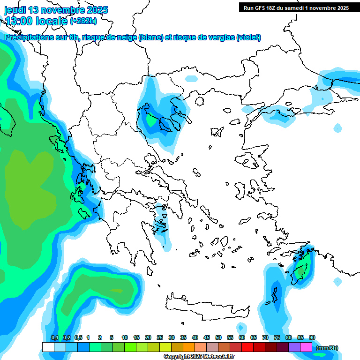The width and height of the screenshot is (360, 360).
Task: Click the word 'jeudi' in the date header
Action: [15, 10]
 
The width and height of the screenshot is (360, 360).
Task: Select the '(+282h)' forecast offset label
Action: [83, 21]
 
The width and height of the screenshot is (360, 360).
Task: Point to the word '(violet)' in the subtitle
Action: [248, 37]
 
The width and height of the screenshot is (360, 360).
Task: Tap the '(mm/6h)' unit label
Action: [327, 348]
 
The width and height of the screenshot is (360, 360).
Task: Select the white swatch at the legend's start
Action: [48, 347]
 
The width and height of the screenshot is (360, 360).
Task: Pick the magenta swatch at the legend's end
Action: [306, 347]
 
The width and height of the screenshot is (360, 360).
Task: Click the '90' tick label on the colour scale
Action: [312, 337]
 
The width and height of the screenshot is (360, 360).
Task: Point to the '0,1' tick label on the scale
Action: [54, 337]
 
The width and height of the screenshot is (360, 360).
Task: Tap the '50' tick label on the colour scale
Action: [218, 337]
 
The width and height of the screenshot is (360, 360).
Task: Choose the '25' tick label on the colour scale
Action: [160, 337]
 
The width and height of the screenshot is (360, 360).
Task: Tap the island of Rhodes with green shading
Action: [300, 271]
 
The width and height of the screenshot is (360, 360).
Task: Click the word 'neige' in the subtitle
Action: [127, 37]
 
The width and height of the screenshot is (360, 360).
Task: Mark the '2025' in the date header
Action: [97, 10]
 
